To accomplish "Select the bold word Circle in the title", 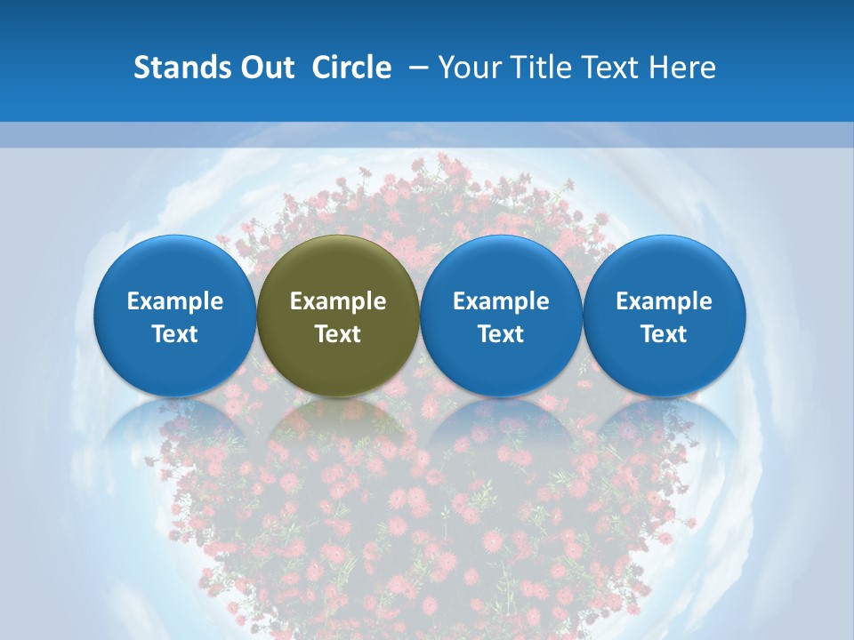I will click(x=351, y=68).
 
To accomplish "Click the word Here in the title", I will click(x=683, y=68).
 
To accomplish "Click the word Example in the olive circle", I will click(x=338, y=301).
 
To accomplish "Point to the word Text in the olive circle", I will click(x=338, y=334).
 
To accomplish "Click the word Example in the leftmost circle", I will click(x=174, y=301).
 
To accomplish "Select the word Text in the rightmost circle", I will click(x=664, y=334).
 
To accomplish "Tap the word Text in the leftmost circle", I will click(x=174, y=334).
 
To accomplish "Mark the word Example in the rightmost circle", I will click(x=664, y=301).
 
